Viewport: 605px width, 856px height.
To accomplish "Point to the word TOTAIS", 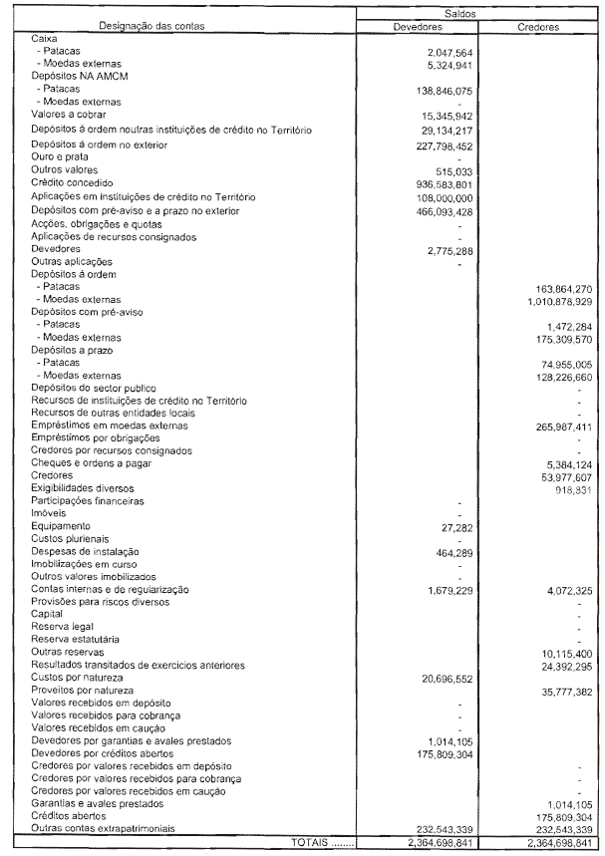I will pyautogui.click(x=310, y=842).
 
